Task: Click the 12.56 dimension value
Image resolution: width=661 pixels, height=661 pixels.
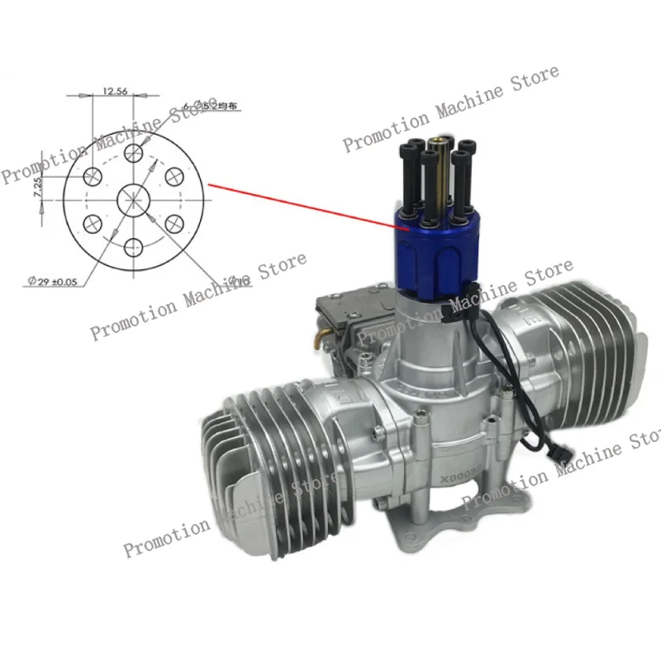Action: coord(116,92)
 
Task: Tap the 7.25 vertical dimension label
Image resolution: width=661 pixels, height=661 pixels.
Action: coord(37,186)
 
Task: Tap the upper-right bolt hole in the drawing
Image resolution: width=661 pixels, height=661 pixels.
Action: coord(174,175)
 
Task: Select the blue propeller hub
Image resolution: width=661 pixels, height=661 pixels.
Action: coord(432,248)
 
